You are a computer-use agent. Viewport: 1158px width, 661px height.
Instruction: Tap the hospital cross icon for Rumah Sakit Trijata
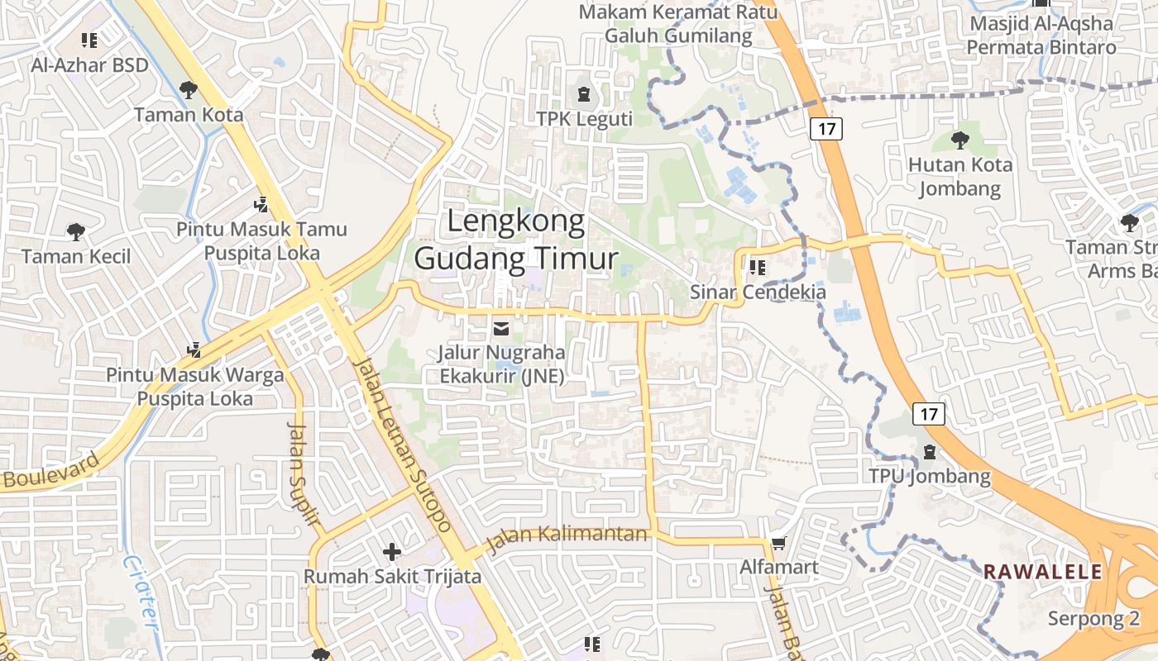pyautogui.click(x=392, y=551)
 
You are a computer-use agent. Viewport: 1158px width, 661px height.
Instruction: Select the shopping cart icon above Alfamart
pyautogui.click(x=778, y=543)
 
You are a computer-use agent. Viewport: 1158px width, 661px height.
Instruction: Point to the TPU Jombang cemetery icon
pyautogui.click(x=930, y=452)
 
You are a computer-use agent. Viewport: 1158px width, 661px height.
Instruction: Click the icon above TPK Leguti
pyautogui.click(x=585, y=93)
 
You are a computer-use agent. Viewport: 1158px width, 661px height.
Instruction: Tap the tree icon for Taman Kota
pyautogui.click(x=189, y=88)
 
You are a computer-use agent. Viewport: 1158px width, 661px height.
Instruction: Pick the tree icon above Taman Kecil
pyautogui.click(x=76, y=231)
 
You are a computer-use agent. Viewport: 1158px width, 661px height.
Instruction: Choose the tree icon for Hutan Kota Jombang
pyautogui.click(x=960, y=139)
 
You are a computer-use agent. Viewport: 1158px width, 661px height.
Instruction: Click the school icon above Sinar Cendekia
pyautogui.click(x=758, y=268)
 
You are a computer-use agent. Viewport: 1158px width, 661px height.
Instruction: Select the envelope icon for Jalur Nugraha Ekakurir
pyautogui.click(x=501, y=329)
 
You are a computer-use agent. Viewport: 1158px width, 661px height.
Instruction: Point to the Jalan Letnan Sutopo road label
pyautogui.click(x=402, y=444)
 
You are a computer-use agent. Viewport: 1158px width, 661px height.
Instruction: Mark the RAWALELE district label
pyautogui.click(x=1042, y=572)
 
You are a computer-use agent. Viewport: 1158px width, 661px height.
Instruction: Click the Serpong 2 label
pyautogui.click(x=1093, y=619)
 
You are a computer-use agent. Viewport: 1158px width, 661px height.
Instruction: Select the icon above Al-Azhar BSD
pyautogui.click(x=89, y=40)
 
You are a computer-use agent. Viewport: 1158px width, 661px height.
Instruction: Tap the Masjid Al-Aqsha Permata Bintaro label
pyautogui.click(x=1041, y=36)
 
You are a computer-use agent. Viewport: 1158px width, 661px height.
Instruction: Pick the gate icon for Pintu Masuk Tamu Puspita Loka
pyautogui.click(x=261, y=203)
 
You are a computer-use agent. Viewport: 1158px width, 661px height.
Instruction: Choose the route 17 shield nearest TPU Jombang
pyautogui.click(x=929, y=414)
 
